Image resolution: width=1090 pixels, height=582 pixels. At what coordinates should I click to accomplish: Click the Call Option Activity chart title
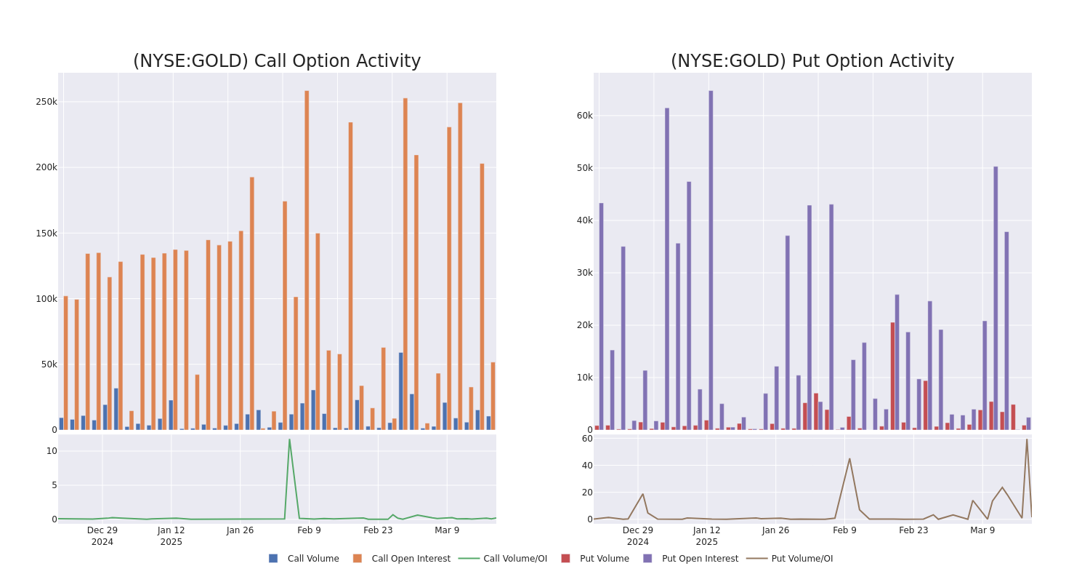277,61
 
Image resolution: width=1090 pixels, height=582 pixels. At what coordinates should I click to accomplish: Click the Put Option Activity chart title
812,61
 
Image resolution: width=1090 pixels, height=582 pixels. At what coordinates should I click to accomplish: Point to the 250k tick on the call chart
47,102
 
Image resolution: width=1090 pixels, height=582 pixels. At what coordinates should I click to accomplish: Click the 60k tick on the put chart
584,115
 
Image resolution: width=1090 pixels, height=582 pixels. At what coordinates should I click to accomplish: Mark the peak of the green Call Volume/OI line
289,439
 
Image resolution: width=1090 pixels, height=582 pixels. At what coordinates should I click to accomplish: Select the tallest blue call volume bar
400,391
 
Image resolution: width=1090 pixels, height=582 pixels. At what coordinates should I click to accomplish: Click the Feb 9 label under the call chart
309,530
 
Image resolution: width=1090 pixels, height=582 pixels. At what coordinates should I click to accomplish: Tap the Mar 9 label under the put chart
982,530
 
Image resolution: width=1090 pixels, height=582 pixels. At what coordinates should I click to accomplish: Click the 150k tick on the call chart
47,234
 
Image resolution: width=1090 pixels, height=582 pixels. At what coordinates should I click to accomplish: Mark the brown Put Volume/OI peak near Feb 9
849,458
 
